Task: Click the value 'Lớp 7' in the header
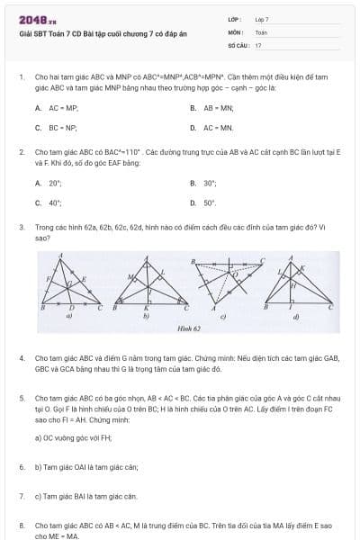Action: [263, 19]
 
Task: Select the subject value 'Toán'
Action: [262, 31]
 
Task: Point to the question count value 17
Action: [258, 44]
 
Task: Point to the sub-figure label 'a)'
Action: [69, 317]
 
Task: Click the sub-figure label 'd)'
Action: [296, 317]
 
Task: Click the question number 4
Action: [21, 358]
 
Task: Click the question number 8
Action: [21, 524]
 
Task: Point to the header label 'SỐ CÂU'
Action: [238, 44]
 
